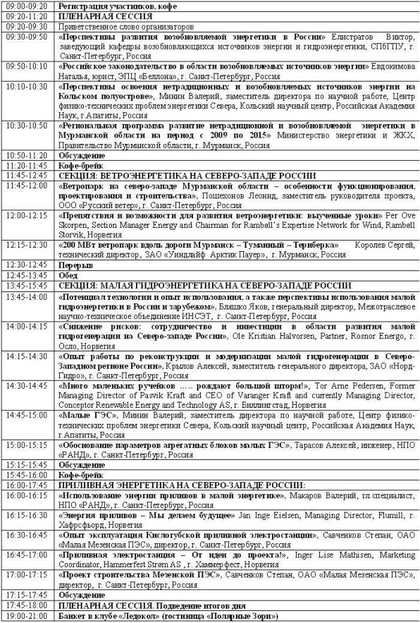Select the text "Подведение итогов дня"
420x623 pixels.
pos(211,605)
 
